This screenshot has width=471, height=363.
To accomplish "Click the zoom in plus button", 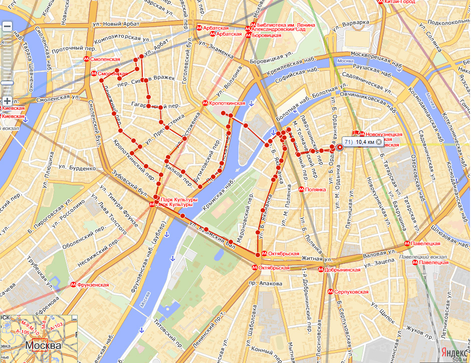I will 7,101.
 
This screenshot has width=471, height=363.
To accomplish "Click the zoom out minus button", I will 7,27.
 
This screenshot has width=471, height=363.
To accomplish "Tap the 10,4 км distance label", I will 365,142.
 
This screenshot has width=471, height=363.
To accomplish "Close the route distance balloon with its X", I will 379,142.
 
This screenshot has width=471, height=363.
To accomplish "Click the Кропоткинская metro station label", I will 227,103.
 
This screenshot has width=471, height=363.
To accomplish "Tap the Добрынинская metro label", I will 343,270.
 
